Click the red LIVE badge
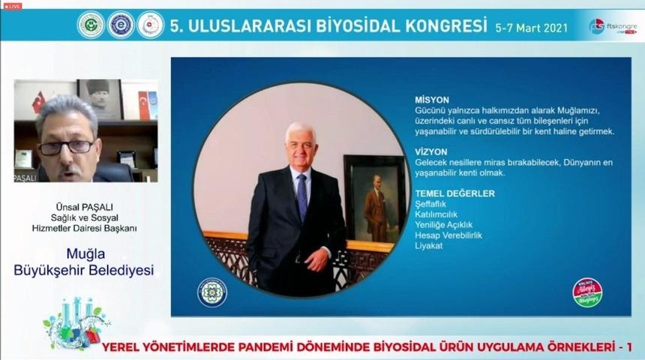coord(13,6)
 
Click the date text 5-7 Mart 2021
coord(531,27)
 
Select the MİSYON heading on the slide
coord(431,99)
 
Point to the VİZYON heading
coord(431,151)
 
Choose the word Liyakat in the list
coord(429,246)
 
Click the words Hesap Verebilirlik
coord(448,235)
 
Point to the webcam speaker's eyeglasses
coord(66,146)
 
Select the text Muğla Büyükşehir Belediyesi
coord(84,263)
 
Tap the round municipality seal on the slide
coord(211,292)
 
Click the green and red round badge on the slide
coord(587,292)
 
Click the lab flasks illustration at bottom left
coord(75,322)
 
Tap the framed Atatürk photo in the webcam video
coord(99,97)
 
